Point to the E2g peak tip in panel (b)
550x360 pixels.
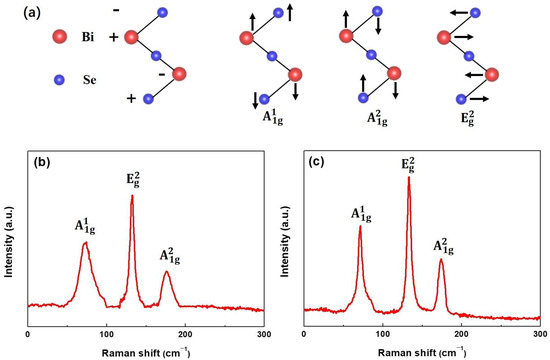(x=132, y=196)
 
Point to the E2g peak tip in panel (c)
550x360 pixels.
(x=408, y=178)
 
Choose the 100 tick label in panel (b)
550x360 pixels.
(x=106, y=331)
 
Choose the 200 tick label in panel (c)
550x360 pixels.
(x=461, y=331)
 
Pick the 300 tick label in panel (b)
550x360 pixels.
(x=262, y=331)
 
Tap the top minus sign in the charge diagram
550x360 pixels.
(x=109, y=14)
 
